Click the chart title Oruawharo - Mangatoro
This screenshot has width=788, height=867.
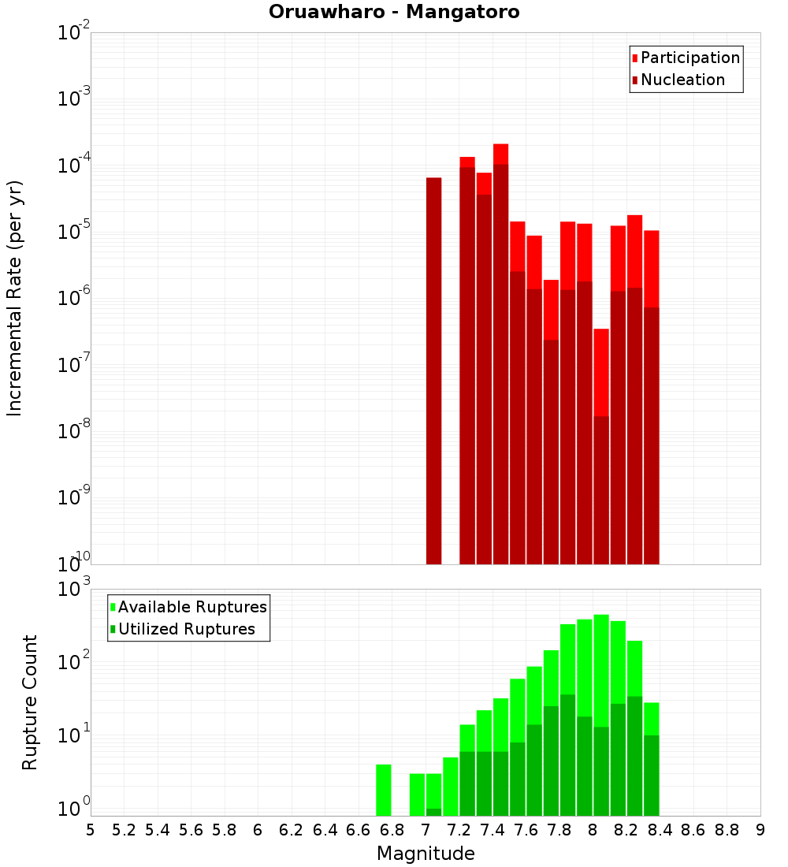[x=394, y=13]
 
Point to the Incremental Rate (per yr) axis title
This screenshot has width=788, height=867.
[x=14, y=298]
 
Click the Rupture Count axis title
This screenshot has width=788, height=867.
[x=30, y=701]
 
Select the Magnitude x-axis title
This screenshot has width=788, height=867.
[x=426, y=854]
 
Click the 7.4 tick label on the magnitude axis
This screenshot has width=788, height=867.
[x=492, y=830]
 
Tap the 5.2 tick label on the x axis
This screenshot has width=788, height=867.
[x=125, y=830]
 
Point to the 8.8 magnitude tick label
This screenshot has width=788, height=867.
[x=727, y=830]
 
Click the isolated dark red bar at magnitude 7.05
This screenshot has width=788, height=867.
[x=433, y=370]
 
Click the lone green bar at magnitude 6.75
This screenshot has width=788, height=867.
[x=384, y=790]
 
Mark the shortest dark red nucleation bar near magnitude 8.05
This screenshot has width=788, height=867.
[x=601, y=489]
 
